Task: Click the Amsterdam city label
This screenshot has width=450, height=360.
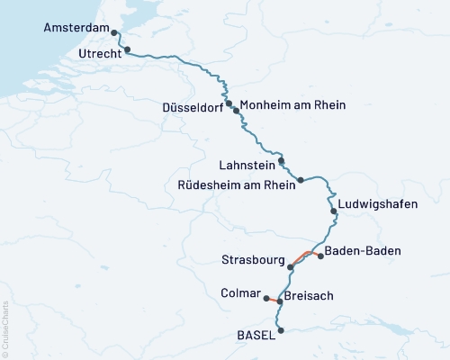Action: pyautogui.click(x=76, y=29)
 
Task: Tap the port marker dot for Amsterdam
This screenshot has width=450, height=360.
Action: pyautogui.click(x=114, y=32)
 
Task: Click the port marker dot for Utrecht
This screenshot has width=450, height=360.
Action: pyautogui.click(x=128, y=49)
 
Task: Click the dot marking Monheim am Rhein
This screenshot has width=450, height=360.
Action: pyautogui.click(x=237, y=111)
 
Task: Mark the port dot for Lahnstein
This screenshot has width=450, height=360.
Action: pyautogui.click(x=282, y=161)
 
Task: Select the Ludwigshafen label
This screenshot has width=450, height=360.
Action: pyautogui.click(x=378, y=204)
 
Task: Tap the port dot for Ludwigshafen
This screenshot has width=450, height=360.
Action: pyautogui.click(x=334, y=211)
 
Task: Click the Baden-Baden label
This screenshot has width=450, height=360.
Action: pyautogui.click(x=362, y=250)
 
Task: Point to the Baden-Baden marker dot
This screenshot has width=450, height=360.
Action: pyautogui.click(x=321, y=256)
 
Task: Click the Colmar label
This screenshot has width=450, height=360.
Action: pyautogui.click(x=239, y=292)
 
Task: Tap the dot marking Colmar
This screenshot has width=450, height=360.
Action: pyautogui.click(x=265, y=296)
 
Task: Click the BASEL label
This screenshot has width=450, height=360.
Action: pyautogui.click(x=255, y=335)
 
